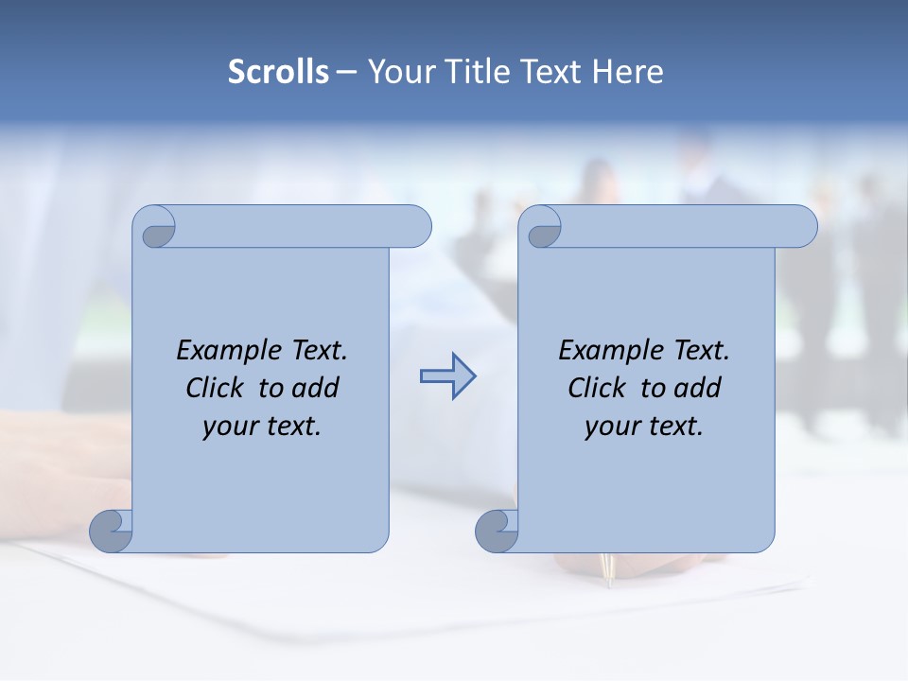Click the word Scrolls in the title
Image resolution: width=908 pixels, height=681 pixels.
pos(278,72)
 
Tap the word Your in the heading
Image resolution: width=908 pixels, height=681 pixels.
pos(399,72)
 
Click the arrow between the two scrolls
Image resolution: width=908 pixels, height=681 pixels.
pos(447,376)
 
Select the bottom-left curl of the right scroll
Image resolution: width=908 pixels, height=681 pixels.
pos(497,531)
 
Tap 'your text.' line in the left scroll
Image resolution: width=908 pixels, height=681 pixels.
pos(262,426)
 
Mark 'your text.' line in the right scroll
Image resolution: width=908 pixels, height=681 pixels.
pos(644,426)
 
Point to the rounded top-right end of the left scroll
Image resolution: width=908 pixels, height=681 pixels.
pos(416,227)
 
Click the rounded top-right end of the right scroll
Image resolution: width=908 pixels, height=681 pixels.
pos(802,227)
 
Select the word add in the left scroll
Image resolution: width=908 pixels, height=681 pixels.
pos(315,388)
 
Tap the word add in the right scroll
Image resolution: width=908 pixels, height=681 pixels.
pos(697,388)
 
